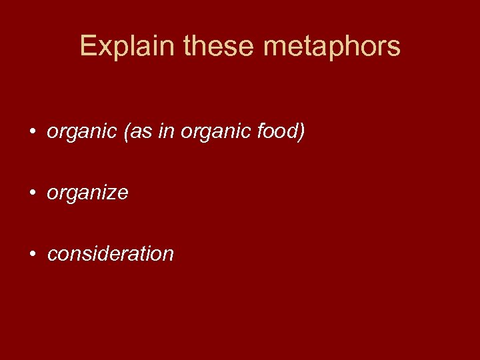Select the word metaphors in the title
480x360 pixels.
tap(332, 47)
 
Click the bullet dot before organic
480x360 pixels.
tap(32, 133)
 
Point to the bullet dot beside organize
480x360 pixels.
tap(32, 193)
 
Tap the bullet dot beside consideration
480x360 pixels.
tap(32, 254)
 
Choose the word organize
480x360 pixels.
tap(87, 193)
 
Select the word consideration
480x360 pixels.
tap(111, 254)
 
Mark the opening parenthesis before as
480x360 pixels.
tap(127, 133)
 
